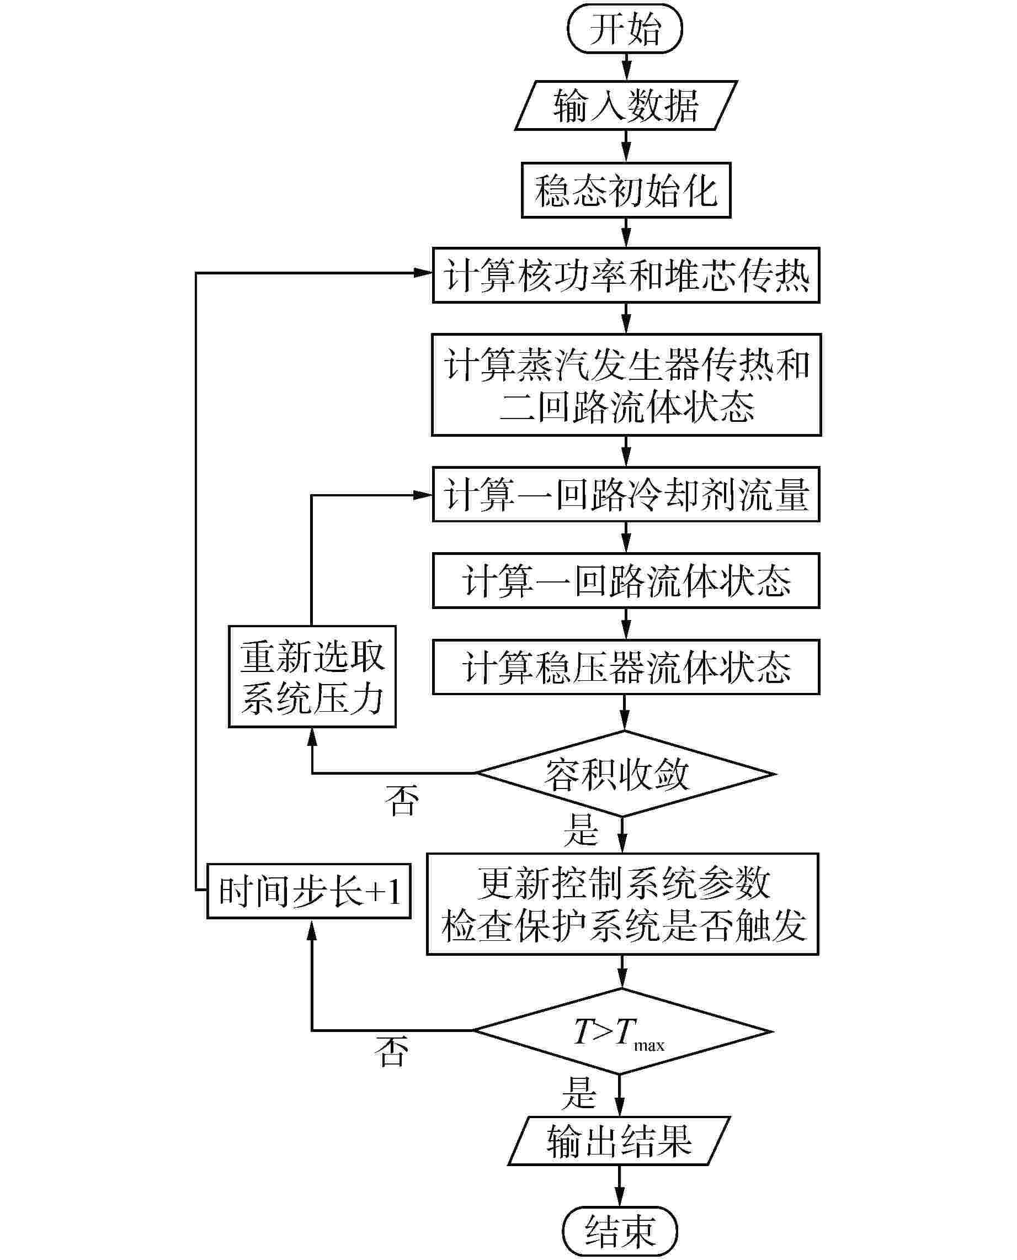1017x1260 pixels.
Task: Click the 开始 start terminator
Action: coord(625,29)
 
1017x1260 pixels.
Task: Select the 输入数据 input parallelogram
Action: coord(626,105)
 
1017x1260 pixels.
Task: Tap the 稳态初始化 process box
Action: coord(626,190)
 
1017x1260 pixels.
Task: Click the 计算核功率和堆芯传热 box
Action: coord(626,276)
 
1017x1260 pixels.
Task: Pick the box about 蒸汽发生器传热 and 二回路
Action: coord(626,385)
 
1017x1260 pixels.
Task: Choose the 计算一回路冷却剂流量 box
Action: coord(626,495)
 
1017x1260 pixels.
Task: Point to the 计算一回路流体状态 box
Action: coord(626,581)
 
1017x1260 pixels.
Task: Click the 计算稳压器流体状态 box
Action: coord(626,667)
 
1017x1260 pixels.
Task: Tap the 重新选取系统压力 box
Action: coord(312,677)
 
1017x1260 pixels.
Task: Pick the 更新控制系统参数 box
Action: coord(622,904)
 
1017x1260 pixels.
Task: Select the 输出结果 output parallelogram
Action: coord(619,1140)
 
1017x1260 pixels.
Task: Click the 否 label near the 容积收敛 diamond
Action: coord(402,801)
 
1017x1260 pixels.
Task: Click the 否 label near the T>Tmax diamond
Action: coord(391,1051)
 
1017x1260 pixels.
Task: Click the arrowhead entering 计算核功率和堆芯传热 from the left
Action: coord(423,273)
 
